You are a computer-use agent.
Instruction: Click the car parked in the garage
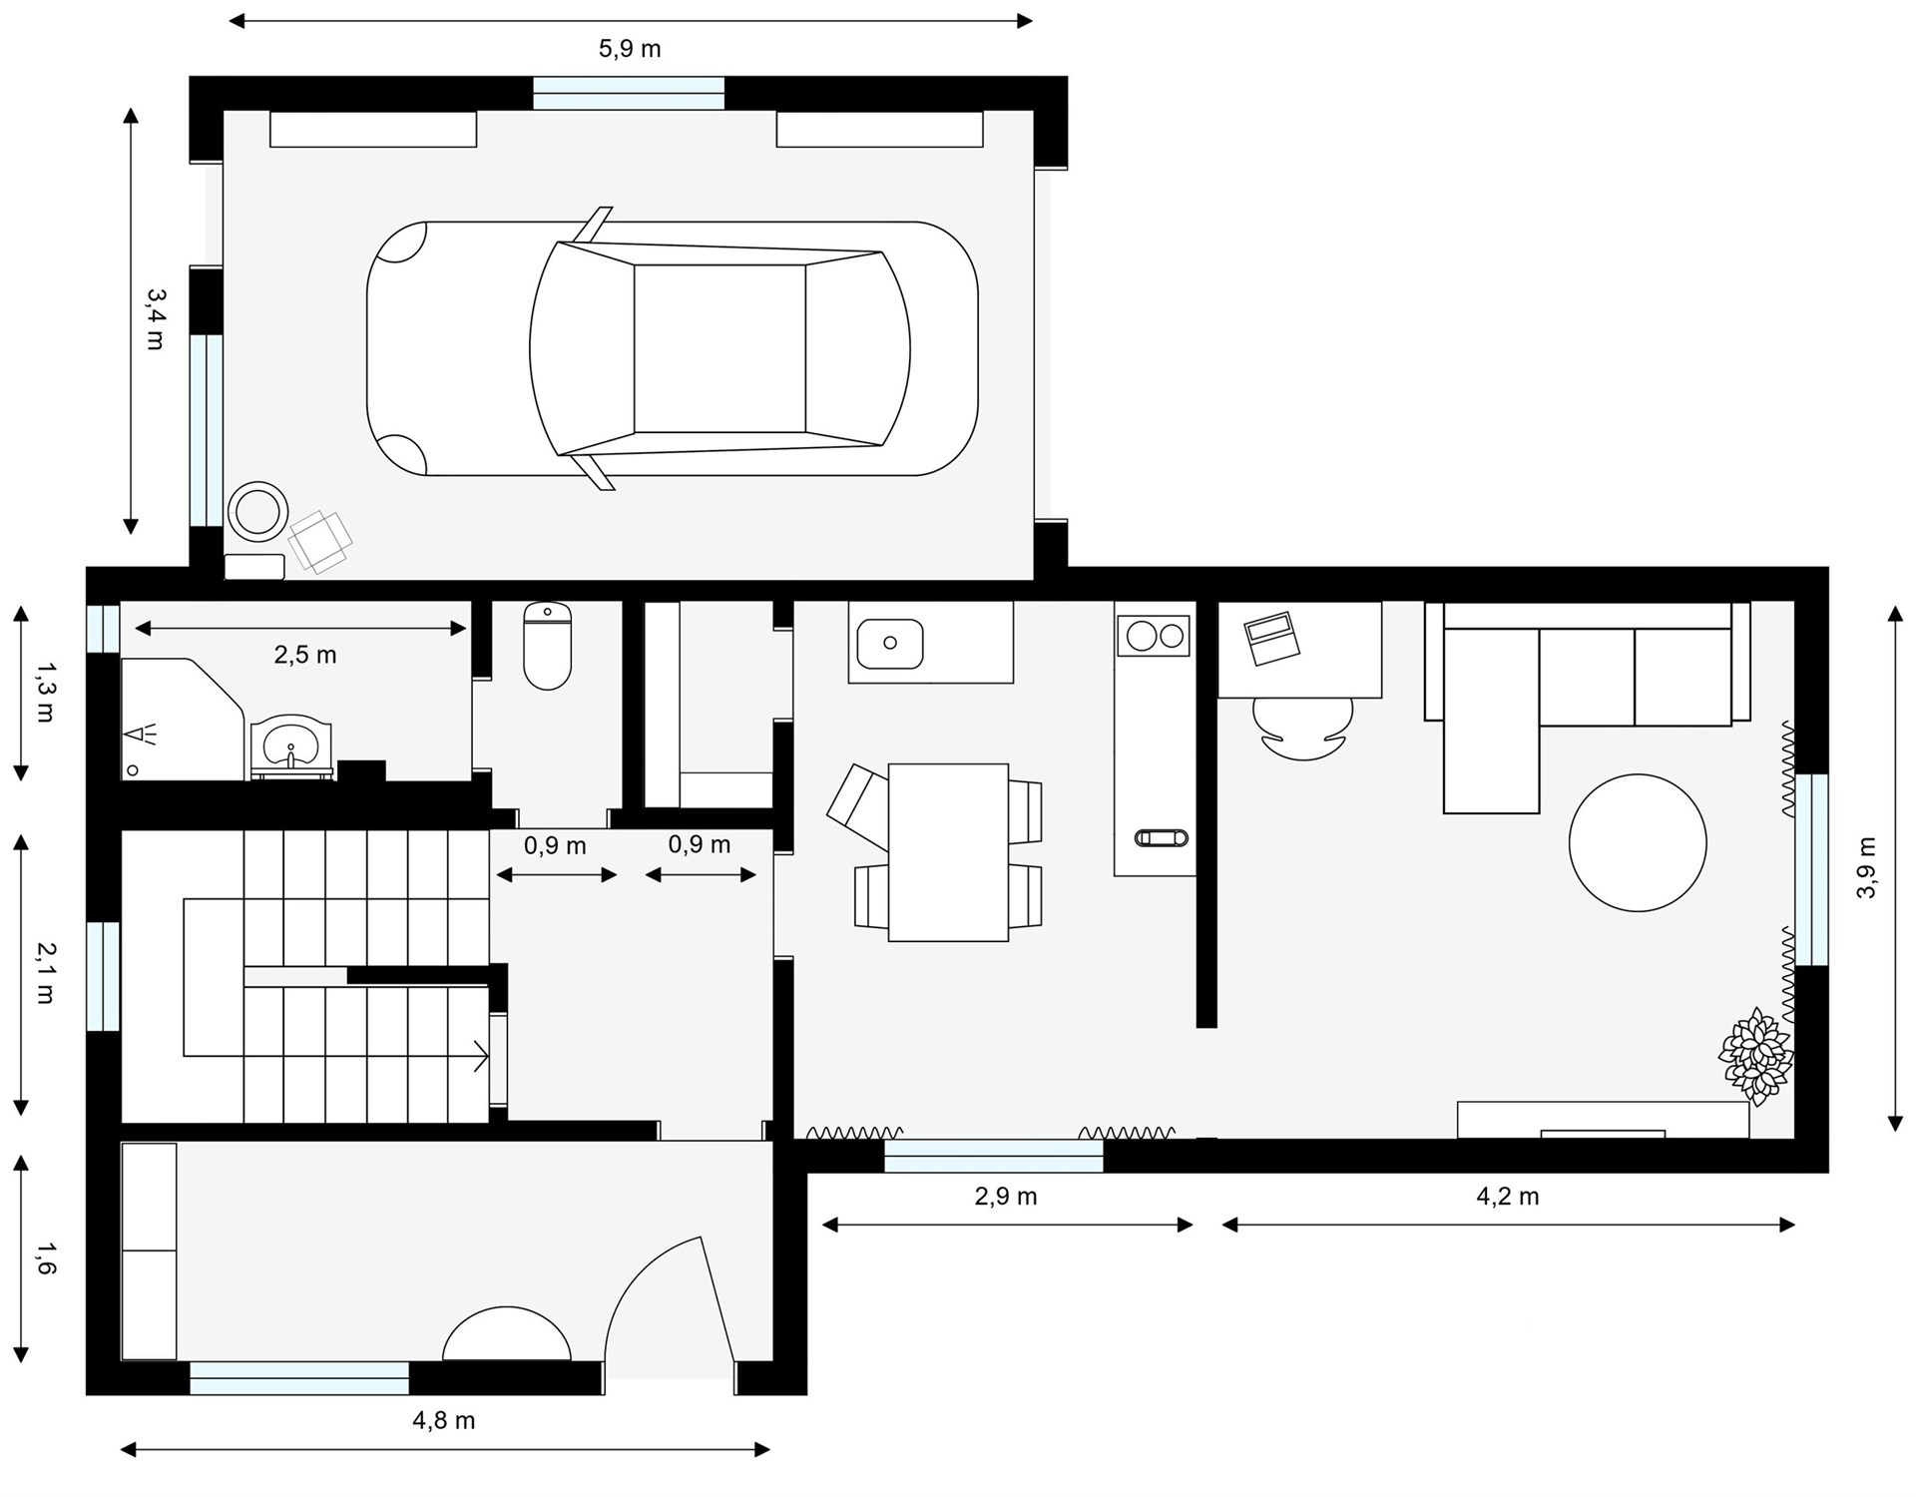coord(673,348)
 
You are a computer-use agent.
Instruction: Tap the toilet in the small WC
coord(547,646)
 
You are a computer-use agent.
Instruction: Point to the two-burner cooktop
coord(1154,635)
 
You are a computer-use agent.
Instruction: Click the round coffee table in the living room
coord(1638,842)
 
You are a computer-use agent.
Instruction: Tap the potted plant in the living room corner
coord(1755,1057)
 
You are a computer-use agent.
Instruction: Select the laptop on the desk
coord(1271,639)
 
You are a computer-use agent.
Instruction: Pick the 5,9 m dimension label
coord(630,49)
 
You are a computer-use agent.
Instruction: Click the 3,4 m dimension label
coord(156,319)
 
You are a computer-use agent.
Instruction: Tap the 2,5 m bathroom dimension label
coord(305,655)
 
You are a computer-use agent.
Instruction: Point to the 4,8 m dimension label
coord(444,1420)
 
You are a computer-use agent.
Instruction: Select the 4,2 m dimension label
coord(1508,1196)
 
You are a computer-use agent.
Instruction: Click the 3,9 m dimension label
coord(1866,867)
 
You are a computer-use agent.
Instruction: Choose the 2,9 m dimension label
coord(1006,1196)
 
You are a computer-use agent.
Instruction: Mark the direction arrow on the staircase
coord(480,1056)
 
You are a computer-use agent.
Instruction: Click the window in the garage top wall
coord(629,94)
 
